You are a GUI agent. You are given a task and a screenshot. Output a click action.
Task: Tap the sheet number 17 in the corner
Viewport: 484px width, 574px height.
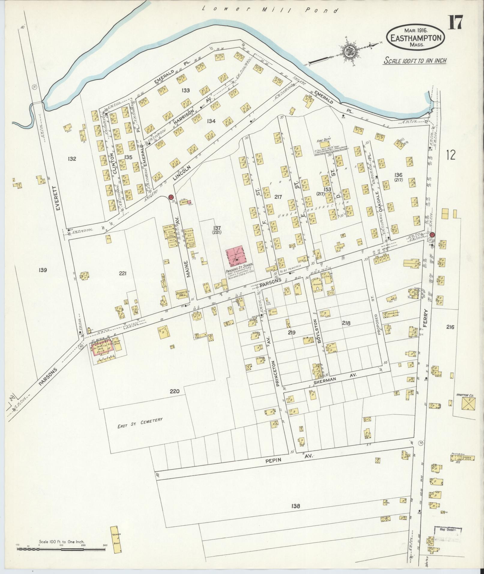click(455, 23)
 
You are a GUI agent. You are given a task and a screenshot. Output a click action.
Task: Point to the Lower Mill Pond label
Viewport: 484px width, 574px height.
click(270, 10)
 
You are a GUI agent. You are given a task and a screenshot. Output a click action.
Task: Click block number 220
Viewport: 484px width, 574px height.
click(174, 391)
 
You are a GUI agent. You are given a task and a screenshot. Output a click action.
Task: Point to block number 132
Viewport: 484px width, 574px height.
click(72, 159)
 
